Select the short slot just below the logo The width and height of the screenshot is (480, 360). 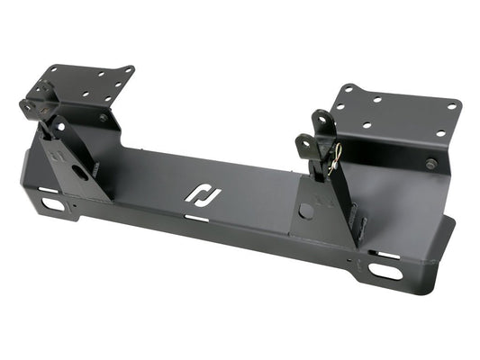(x=196, y=218)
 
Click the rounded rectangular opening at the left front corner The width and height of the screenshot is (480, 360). (x=53, y=204)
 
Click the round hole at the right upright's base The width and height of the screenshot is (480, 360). (x=306, y=211)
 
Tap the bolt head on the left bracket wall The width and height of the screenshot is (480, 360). (x=104, y=118)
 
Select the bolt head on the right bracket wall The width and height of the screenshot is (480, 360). (x=431, y=164)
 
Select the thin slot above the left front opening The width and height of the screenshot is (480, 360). (x=46, y=190)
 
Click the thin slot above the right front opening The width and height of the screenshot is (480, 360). (x=389, y=255)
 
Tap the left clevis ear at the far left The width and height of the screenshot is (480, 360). (x=26, y=106)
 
